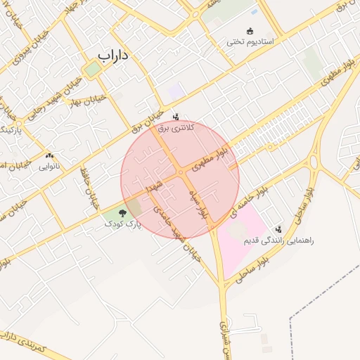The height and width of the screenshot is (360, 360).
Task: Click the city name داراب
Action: [x=115, y=54]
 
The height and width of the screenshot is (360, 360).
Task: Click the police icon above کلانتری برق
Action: [x=175, y=115]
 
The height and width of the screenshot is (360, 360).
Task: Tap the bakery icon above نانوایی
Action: [x=49, y=155]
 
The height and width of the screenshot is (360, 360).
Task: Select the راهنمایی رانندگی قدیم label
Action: [x=278, y=240]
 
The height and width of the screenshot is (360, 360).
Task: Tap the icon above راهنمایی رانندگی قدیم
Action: [x=279, y=229]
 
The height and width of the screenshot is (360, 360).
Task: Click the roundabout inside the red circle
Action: [x=181, y=172]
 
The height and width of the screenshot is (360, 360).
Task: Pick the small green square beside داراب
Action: [x=91, y=69]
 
